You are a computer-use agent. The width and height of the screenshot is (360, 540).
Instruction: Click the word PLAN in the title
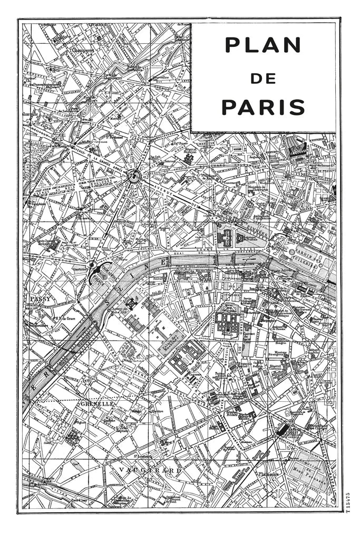pyautogui.click(x=262, y=45)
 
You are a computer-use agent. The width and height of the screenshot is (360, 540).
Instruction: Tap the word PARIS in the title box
pyautogui.click(x=263, y=107)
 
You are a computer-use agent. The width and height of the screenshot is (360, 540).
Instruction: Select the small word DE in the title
pyautogui.click(x=263, y=78)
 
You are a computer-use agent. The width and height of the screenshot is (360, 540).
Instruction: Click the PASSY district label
pyautogui.click(x=40, y=299)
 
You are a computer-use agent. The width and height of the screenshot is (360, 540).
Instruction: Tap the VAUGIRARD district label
pyautogui.click(x=143, y=469)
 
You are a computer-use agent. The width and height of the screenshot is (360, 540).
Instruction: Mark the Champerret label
pyautogui.click(x=75, y=51)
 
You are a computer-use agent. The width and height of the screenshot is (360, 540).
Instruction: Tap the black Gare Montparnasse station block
pyautogui.click(x=283, y=429)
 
